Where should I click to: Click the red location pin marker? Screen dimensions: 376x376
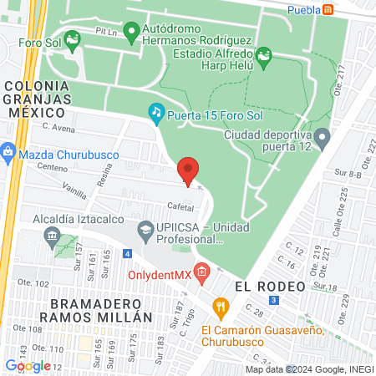click(x=188, y=170)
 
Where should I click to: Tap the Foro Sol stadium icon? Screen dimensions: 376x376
click(x=74, y=38)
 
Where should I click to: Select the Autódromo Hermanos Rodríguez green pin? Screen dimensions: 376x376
click(x=130, y=33)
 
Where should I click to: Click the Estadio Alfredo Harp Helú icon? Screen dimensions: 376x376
click(x=264, y=57)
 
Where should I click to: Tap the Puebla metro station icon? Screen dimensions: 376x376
click(x=329, y=9)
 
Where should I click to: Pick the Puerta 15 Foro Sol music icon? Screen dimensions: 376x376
click(x=155, y=113)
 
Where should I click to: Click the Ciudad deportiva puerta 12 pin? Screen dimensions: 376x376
click(x=322, y=136)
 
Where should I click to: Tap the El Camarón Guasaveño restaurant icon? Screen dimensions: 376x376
click(x=221, y=307)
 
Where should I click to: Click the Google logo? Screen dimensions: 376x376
click(x=28, y=365)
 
